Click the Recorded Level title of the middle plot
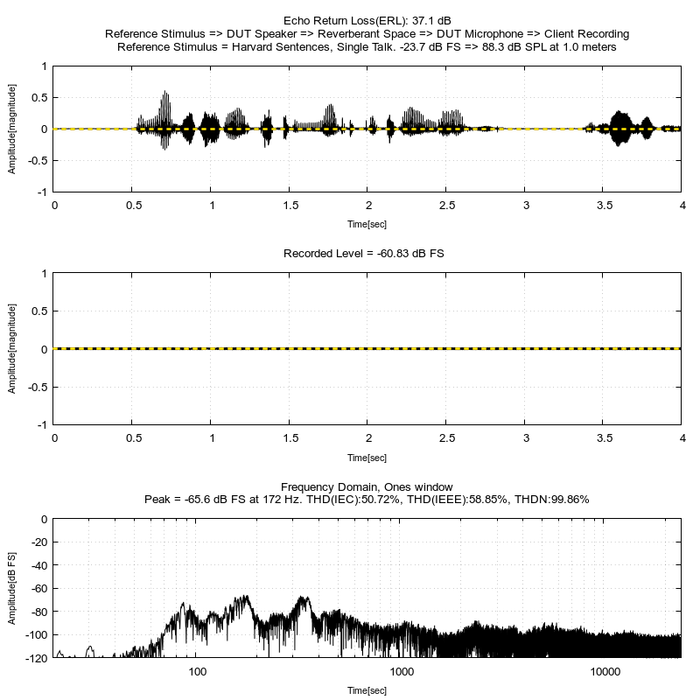363,254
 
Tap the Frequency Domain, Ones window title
367,486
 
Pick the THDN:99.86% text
552,499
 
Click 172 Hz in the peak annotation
281,499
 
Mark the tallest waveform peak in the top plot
165,92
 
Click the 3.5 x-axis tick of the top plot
605,206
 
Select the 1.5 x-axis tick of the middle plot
290,438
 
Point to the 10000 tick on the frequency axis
605,672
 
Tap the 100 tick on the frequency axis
198,672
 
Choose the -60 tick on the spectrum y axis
38,588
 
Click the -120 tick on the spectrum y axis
37,658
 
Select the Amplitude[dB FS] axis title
11,588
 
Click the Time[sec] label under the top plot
367,224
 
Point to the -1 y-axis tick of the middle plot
42,425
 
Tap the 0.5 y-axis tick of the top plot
39,98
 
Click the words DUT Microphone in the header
479,34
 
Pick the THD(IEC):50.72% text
353,499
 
